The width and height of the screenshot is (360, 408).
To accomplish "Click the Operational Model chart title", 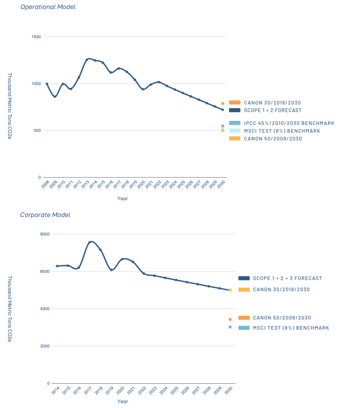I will [x=48, y=7].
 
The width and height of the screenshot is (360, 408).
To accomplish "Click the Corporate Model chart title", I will [x=45, y=215].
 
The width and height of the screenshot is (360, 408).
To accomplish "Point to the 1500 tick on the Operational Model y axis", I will [x=35, y=37].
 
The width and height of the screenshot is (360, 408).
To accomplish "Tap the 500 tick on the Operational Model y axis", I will [x=37, y=131].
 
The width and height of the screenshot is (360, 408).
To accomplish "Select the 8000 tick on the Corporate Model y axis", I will [x=44, y=234].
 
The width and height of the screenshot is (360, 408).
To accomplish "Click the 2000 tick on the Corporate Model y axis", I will [x=44, y=346].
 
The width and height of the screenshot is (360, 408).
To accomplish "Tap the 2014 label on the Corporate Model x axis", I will [x=55, y=392].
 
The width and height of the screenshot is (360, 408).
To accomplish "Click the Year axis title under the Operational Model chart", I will [x=122, y=198].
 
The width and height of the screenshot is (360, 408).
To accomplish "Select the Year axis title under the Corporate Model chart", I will [x=122, y=401].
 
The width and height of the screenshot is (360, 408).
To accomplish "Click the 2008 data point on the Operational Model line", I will [x=47, y=84].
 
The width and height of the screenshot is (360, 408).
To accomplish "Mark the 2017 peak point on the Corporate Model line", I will [x=90, y=242].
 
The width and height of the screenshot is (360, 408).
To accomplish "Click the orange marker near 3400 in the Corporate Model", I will [x=230, y=320].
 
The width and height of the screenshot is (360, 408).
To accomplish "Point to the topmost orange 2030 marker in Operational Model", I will [x=223, y=103].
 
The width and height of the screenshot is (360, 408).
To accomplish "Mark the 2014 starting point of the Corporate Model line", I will [x=57, y=266].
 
